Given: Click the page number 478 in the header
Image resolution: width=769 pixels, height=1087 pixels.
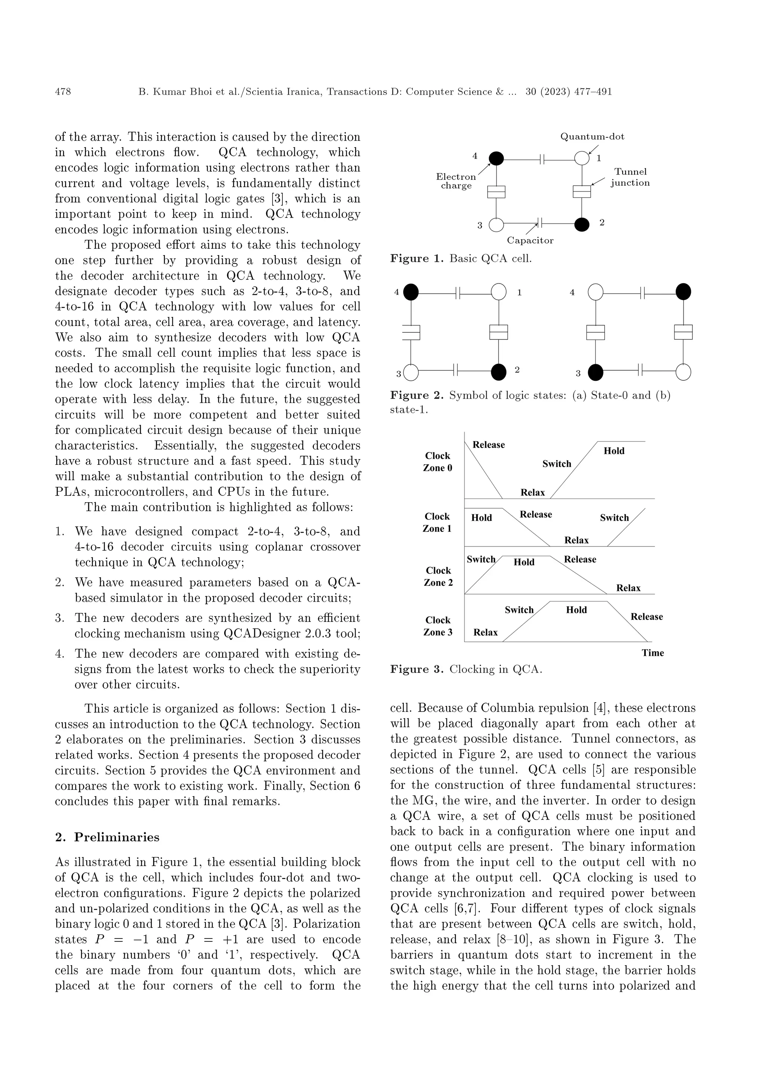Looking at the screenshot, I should (x=63, y=92).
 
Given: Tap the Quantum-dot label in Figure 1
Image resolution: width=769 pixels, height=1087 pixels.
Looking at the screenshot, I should (x=592, y=137).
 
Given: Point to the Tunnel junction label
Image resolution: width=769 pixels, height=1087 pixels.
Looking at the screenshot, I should (x=630, y=177).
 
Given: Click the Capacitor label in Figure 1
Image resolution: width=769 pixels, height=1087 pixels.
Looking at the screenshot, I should (x=530, y=240).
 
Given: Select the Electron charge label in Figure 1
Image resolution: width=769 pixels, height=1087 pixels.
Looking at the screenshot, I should (x=456, y=181).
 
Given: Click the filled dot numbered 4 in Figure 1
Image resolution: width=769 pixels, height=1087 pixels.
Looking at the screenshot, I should (x=496, y=159).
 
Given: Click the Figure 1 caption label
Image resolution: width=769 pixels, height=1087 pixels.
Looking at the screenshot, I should (x=416, y=258).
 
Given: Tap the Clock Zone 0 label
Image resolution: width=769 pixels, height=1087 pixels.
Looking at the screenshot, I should (x=437, y=462).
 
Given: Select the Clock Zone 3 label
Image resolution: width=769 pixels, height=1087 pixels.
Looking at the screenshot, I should (x=437, y=626).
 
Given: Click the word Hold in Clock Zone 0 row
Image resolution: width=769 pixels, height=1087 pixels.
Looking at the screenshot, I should (x=614, y=451).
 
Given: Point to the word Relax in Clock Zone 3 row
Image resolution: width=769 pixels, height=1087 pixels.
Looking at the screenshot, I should (x=485, y=632).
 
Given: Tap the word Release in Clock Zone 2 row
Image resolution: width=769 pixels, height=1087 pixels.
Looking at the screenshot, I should (x=580, y=559).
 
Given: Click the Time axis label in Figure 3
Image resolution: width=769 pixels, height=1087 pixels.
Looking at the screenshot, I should (x=653, y=653).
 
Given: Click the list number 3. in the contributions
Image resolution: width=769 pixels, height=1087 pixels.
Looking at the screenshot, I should (x=60, y=618).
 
